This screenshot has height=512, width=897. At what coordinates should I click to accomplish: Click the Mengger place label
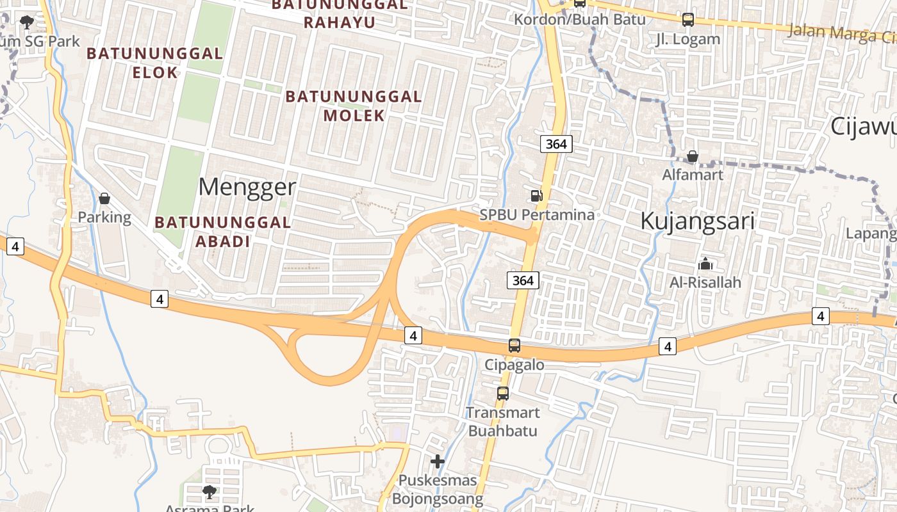(x=247, y=187)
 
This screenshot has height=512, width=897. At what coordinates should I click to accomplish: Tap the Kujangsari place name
(x=697, y=221)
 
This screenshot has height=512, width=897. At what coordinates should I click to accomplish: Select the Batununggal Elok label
(x=154, y=63)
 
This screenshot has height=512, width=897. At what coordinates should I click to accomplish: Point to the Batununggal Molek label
(x=354, y=106)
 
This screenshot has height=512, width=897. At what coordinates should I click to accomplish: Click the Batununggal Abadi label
(x=222, y=232)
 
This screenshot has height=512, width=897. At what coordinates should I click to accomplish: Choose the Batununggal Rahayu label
(x=340, y=13)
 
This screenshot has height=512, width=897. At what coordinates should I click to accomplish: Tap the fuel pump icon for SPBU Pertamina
(x=536, y=196)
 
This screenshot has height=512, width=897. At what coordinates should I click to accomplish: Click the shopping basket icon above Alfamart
(x=692, y=156)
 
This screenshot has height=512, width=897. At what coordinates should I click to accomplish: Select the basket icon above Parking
(x=104, y=199)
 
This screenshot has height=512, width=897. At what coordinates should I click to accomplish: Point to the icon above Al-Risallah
(x=705, y=264)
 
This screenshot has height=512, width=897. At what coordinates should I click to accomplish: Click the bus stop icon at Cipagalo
(x=514, y=346)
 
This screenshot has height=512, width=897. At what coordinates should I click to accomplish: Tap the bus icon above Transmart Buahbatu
(x=503, y=394)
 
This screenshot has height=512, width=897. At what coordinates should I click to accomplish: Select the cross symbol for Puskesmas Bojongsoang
(x=438, y=461)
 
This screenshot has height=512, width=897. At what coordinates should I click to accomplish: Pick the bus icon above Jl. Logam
(x=688, y=20)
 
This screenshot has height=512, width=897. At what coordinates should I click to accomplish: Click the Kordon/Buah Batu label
(x=579, y=19)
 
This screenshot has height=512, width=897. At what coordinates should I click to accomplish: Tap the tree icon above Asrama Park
(x=209, y=492)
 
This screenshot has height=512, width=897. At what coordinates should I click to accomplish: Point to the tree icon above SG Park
(x=26, y=23)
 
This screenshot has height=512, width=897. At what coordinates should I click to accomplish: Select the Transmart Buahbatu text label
(x=503, y=421)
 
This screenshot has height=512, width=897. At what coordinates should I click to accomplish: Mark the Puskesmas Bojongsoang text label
(x=438, y=489)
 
